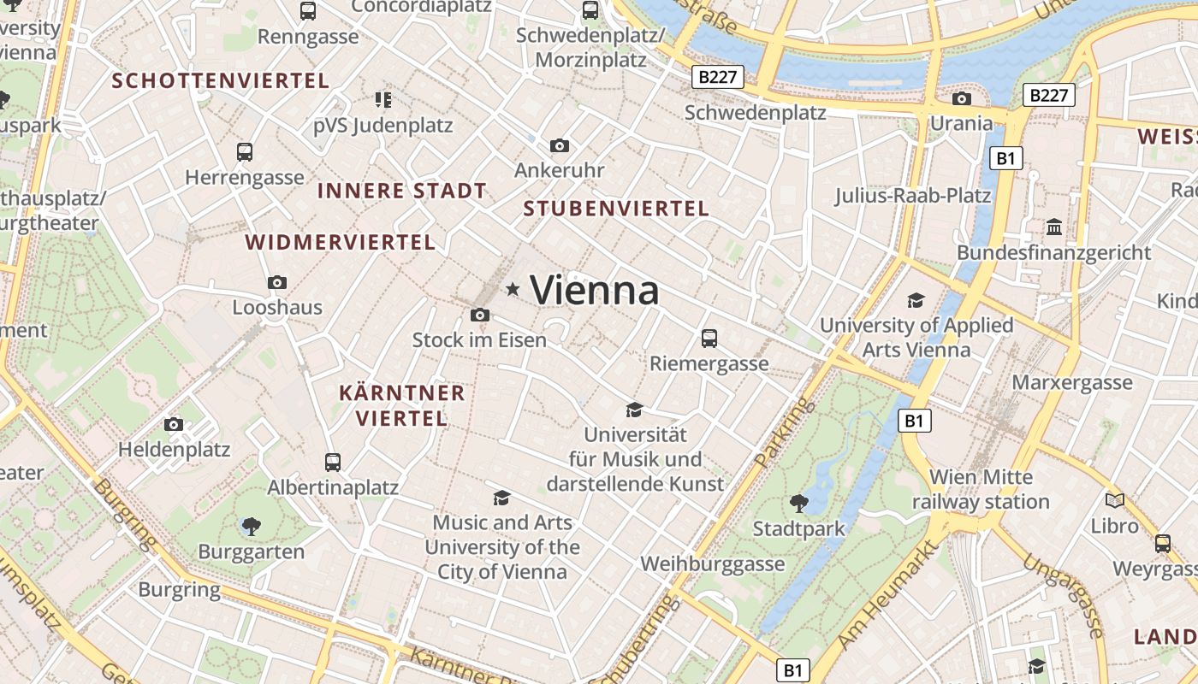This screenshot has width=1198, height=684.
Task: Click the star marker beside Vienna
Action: pyautogui.click(x=513, y=289)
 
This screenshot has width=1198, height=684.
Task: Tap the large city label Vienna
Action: pyautogui.click(x=595, y=291)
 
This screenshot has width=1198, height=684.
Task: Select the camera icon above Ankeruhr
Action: pyautogui.click(x=560, y=145)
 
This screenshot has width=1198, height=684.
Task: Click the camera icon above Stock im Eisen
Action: pyautogui.click(x=480, y=315)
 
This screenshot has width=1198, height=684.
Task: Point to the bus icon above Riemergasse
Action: pyautogui.click(x=709, y=338)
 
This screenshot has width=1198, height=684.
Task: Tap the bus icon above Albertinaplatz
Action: pyautogui.click(x=333, y=462)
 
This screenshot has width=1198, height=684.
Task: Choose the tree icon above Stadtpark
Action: pyautogui.click(x=799, y=503)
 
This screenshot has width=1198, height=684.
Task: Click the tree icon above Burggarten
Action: pyautogui.click(x=251, y=526)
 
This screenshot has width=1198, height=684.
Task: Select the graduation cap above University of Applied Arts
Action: pyautogui.click(x=916, y=300)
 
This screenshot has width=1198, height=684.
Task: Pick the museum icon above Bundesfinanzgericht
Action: pyautogui.click(x=1054, y=227)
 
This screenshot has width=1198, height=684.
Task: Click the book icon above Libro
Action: pyautogui.click(x=1114, y=500)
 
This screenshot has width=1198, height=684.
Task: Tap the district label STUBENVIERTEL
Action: pyautogui.click(x=616, y=209)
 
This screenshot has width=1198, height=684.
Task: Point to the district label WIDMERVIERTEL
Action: pyautogui.click(x=341, y=242)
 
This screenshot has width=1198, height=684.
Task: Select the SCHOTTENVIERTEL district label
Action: pyautogui.click(x=221, y=81)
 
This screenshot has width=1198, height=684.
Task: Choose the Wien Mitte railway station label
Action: pyautogui.click(x=981, y=489)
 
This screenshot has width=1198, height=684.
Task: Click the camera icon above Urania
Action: pyautogui.click(x=961, y=98)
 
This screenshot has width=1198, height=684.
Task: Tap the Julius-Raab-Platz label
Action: pyautogui.click(x=913, y=196)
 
